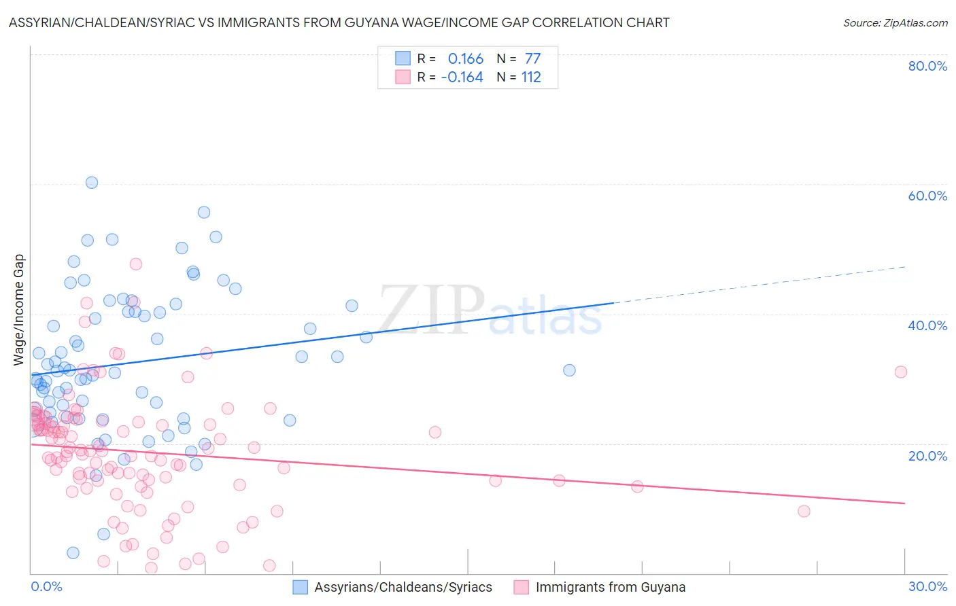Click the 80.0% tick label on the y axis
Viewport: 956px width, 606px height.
click(x=927, y=66)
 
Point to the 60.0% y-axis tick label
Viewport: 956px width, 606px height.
click(x=927, y=196)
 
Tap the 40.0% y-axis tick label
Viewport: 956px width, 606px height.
click(x=927, y=325)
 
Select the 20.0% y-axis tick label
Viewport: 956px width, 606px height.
click(x=927, y=456)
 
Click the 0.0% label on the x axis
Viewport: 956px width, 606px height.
click(x=46, y=586)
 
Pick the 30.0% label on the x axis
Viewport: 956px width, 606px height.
click(x=927, y=586)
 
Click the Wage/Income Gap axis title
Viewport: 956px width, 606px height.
click(x=19, y=310)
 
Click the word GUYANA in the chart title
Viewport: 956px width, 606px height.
click(x=439, y=22)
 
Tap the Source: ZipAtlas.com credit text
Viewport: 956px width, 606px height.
click(x=895, y=22)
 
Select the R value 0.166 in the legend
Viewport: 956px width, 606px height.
click(x=465, y=59)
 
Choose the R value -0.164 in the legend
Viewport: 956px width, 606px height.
click(x=462, y=77)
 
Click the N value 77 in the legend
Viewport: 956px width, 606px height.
click(x=532, y=59)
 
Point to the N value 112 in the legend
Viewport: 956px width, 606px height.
click(x=531, y=77)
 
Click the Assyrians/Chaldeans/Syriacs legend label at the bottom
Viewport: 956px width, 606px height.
click(x=403, y=587)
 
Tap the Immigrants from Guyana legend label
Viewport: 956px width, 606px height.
click(x=610, y=587)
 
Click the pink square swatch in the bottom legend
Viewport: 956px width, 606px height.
click(x=522, y=587)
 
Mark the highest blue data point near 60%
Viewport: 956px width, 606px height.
click(x=92, y=183)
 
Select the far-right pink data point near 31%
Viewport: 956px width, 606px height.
click(x=901, y=372)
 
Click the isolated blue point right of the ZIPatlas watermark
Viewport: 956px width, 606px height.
click(x=569, y=370)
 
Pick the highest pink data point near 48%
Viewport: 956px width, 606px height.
click(x=136, y=264)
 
